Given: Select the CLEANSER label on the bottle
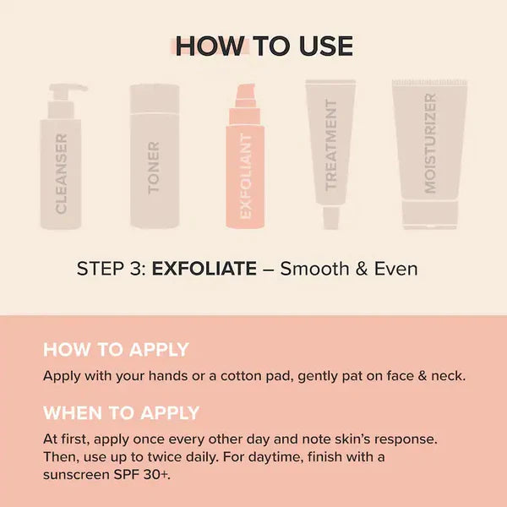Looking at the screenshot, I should (62, 173).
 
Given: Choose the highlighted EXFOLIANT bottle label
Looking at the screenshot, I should (246, 177).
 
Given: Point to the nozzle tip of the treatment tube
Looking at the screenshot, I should (331, 221).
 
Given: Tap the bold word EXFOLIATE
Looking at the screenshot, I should (204, 270).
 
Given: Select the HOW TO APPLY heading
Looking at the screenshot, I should (116, 350).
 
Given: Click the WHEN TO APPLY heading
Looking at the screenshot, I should (121, 413).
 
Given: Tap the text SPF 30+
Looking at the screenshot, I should (146, 475).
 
